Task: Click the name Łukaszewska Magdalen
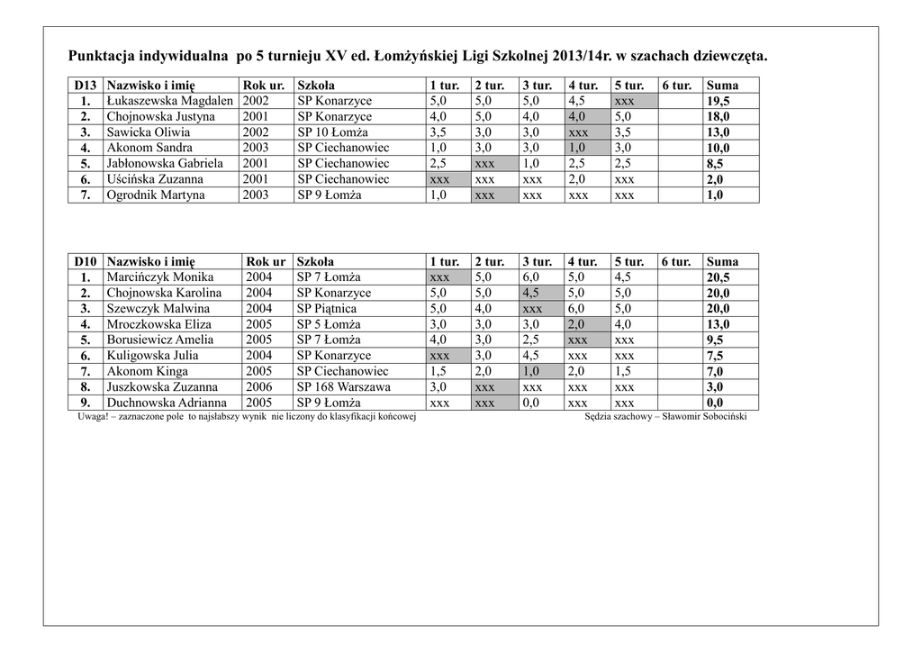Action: click(170, 102)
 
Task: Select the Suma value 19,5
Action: click(719, 102)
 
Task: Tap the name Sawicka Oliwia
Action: click(149, 132)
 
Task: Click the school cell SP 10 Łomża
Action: click(330, 132)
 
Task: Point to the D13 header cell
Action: click(85, 86)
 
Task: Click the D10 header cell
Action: click(85, 262)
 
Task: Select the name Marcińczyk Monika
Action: click(160, 277)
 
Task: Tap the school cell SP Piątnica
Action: click(329, 309)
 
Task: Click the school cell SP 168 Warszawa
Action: click(344, 387)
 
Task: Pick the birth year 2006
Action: click(258, 387)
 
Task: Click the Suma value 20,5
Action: click(719, 278)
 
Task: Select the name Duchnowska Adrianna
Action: click(167, 404)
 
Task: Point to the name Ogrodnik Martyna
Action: click(156, 195)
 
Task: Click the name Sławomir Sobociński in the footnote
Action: click(704, 417)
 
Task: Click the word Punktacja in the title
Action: click(104, 57)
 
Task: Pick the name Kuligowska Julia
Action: click(153, 356)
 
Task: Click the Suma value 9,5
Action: click(715, 340)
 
